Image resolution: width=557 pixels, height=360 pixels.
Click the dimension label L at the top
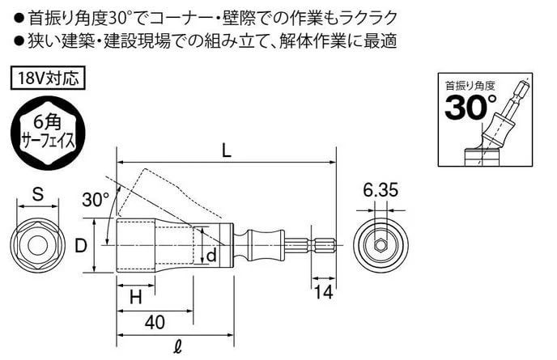tap(227, 151)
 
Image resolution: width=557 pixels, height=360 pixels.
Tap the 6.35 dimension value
tap(381, 190)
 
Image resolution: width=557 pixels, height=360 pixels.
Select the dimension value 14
tap(323, 293)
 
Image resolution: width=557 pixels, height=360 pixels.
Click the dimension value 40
tap(155, 322)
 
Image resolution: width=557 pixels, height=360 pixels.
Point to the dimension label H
tap(136, 297)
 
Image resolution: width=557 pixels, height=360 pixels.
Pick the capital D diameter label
tap(81, 245)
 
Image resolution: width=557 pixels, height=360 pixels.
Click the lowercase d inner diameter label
tap(211, 256)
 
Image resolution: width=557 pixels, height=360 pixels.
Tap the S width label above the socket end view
tap(38, 194)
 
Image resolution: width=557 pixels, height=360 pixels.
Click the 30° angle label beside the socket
tap(96, 199)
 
